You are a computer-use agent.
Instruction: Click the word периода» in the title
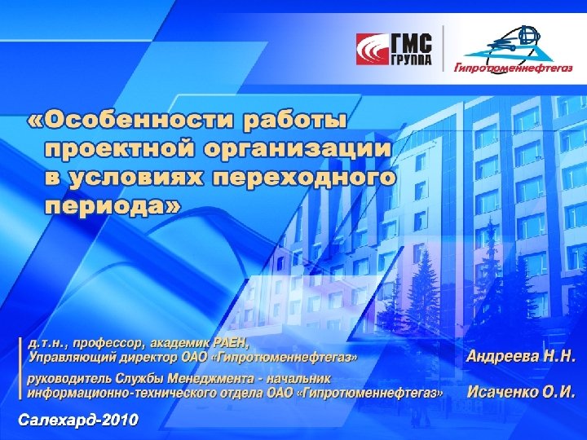113,205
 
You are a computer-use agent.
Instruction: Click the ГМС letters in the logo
413,42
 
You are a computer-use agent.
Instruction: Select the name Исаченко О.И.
521,392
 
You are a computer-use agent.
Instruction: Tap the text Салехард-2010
78,420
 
